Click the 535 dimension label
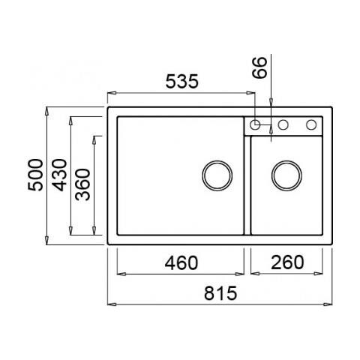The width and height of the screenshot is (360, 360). click(182, 82)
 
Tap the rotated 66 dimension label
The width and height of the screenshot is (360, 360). click(259, 67)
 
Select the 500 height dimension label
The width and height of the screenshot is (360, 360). click(35, 175)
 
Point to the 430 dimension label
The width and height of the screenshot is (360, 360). click(59, 175)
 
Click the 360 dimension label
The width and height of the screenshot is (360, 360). click(82, 184)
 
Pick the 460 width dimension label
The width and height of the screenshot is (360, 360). click(181, 262)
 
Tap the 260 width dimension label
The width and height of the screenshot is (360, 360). click(287, 262)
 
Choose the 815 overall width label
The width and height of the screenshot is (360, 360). click(220, 293)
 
